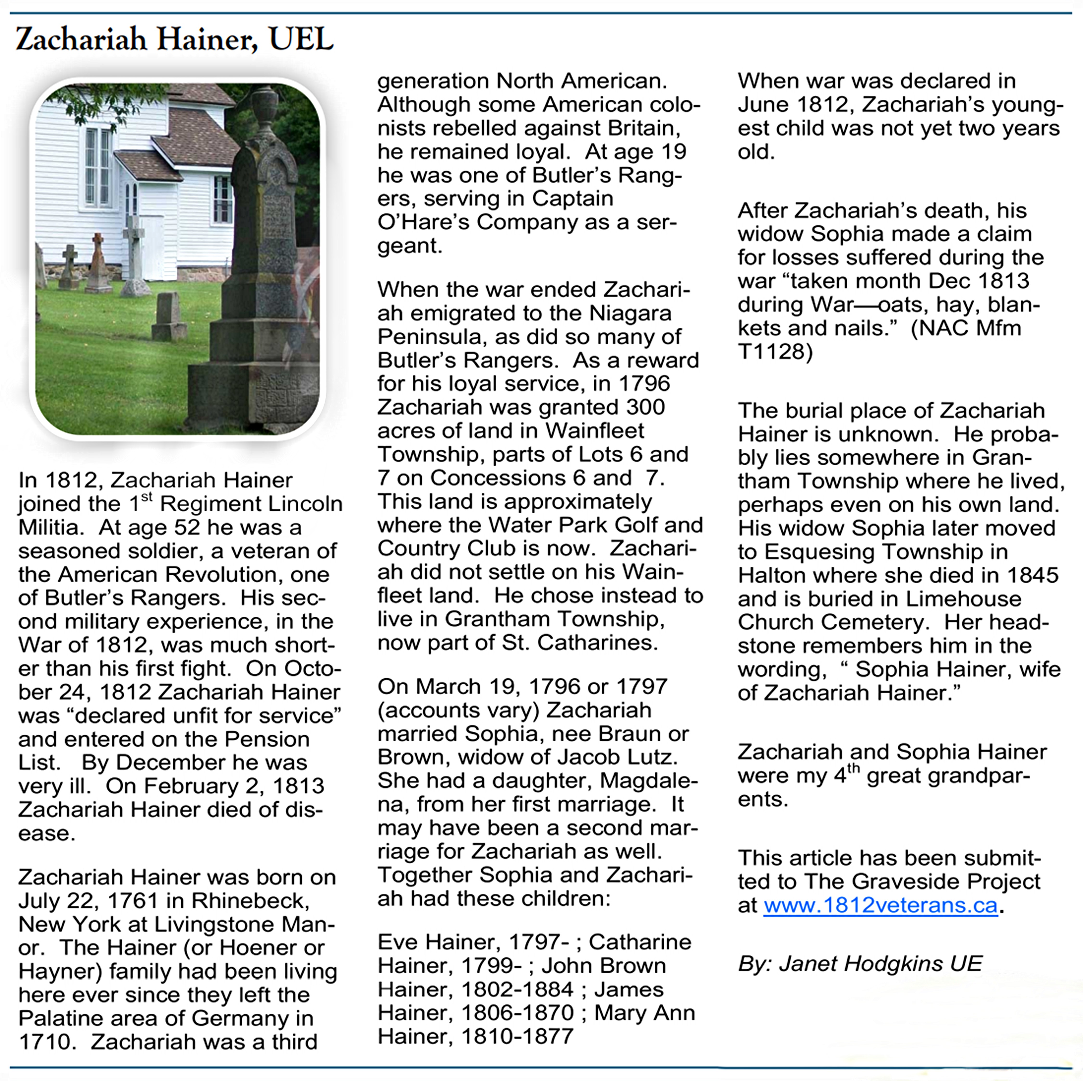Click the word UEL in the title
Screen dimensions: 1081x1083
(301, 39)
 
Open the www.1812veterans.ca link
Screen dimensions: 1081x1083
(880, 905)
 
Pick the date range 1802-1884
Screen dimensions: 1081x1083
(517, 989)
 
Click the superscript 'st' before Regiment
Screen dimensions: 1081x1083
(146, 496)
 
